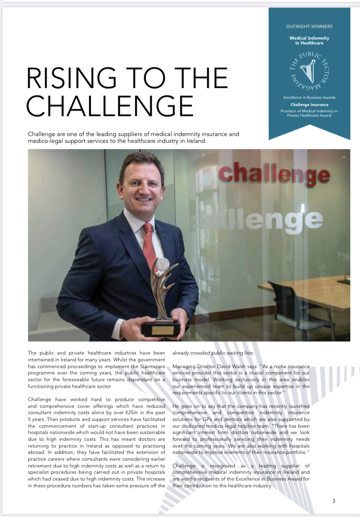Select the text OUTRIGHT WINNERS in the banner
(309, 26)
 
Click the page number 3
(334, 501)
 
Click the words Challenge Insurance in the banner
(309, 105)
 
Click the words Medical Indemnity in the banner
(309, 37)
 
